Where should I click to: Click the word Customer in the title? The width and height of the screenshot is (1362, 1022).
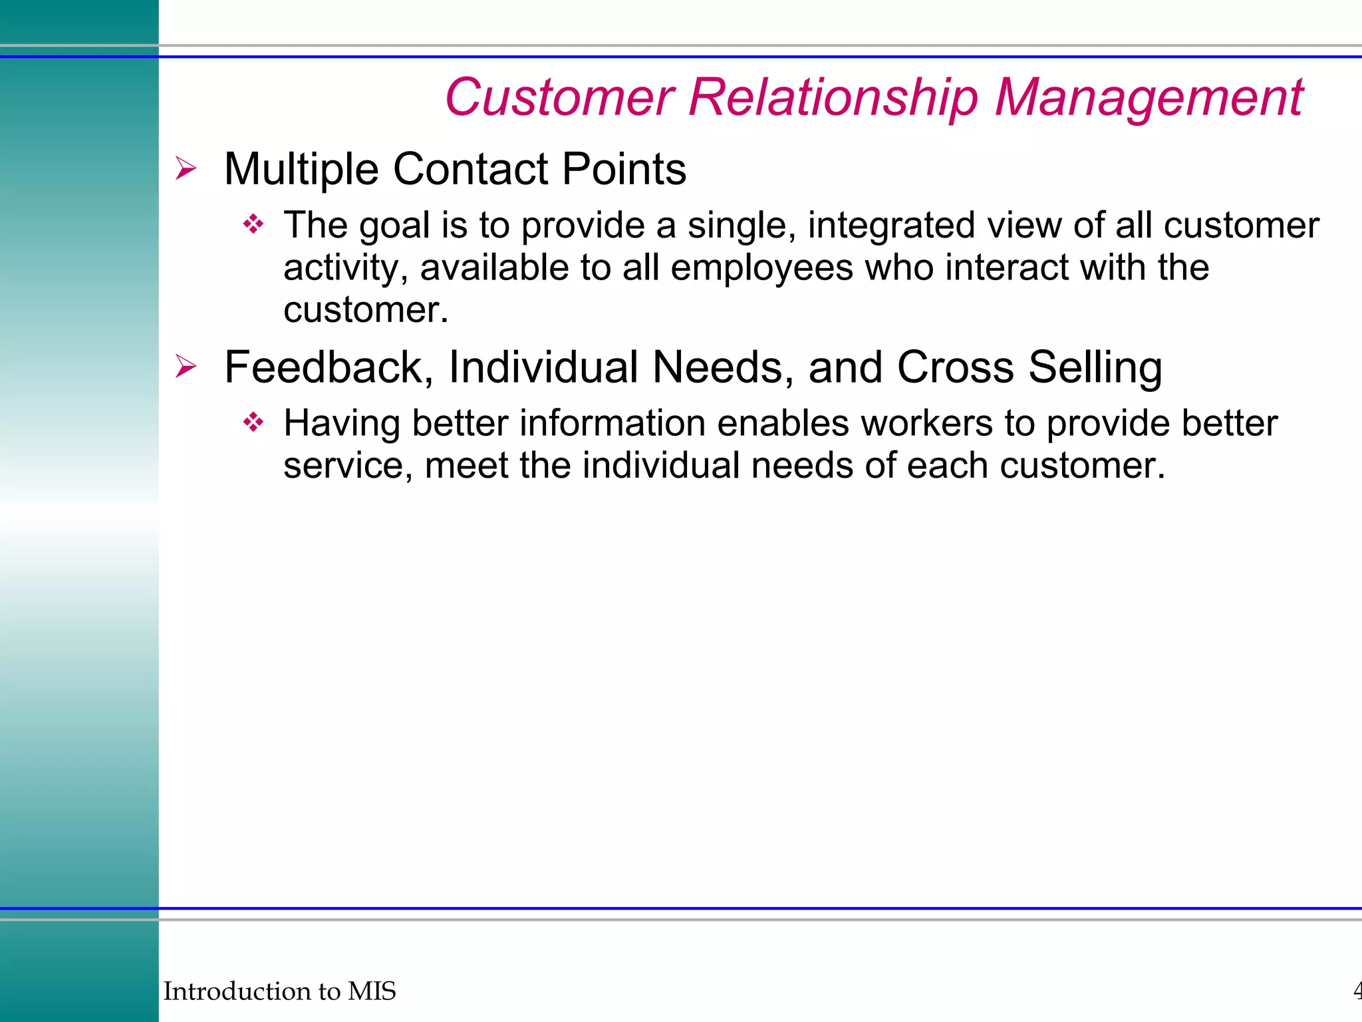[x=559, y=97]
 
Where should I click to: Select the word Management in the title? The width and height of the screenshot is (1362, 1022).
[x=1149, y=97]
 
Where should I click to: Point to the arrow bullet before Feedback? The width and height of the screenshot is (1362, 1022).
[x=186, y=367]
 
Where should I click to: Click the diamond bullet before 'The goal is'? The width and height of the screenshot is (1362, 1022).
[x=253, y=225]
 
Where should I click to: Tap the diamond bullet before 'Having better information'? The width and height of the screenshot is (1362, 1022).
[x=253, y=423]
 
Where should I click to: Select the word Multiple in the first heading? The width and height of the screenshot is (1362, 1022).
[x=301, y=169]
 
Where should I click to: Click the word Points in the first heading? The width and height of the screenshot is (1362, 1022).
[x=624, y=169]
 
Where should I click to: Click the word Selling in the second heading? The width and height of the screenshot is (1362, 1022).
[x=1095, y=367]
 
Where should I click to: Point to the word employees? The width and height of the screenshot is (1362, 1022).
[x=761, y=267]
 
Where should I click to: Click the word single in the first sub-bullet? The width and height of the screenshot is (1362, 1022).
[x=742, y=226]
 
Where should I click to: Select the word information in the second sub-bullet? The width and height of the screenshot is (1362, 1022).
[x=613, y=423]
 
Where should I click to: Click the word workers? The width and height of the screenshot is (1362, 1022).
[x=926, y=423]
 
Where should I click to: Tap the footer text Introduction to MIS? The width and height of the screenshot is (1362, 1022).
[x=279, y=991]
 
